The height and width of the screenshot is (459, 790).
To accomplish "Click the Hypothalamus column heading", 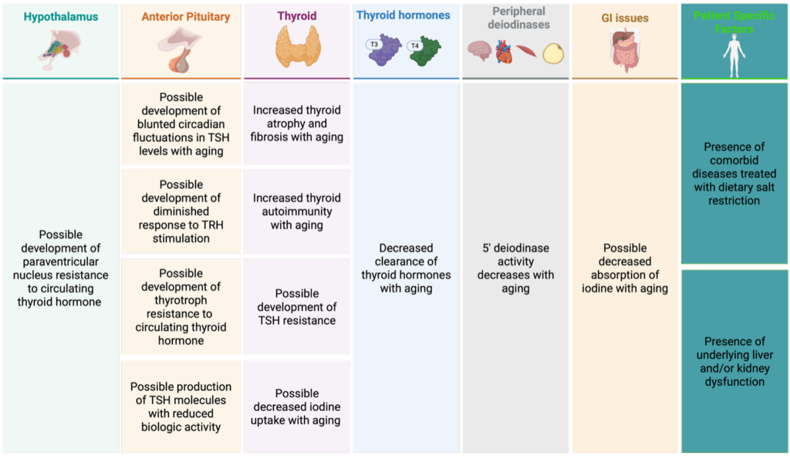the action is point(60,17).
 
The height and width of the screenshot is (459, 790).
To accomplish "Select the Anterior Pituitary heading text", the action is point(185,17).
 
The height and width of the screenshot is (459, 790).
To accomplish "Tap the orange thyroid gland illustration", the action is point(298,46).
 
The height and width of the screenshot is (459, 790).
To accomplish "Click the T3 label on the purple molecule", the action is point(374,44).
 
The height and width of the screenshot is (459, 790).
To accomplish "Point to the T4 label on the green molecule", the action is point(414,46).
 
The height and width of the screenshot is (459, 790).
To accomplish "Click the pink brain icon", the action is point(479,51).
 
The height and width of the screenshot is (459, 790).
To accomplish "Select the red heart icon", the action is point(504,52).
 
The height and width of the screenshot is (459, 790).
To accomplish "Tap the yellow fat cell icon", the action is point(553,53).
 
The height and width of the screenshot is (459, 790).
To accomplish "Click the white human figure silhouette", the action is point(734,56).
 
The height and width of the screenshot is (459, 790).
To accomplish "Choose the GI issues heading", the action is point(625,19).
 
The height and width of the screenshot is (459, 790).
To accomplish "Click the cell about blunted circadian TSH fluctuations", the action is point(181,124).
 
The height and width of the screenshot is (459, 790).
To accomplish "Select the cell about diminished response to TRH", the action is point(181,211).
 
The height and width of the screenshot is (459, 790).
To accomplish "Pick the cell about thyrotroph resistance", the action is point(181,307).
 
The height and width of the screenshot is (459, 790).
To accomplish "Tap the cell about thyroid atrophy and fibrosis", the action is point(297,123).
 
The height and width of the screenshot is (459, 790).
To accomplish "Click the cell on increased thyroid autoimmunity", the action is point(297,211).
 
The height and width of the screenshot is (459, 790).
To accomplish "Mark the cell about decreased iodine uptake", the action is point(297,407).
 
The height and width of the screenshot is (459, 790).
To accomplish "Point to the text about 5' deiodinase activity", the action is point(515,268).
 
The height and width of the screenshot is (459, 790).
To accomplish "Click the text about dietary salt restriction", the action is point(734,174).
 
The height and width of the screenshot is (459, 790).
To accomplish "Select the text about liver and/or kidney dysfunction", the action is point(734,361).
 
